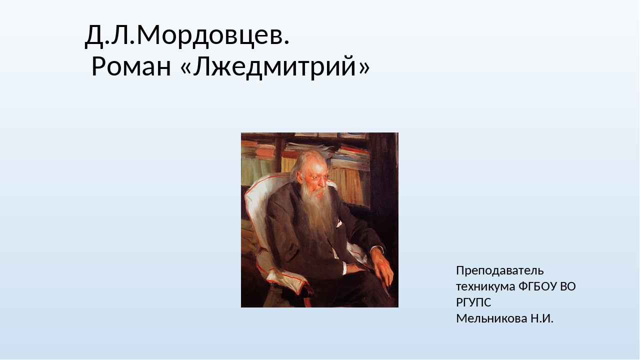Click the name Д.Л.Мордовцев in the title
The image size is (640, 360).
pyautogui.click(x=187, y=35)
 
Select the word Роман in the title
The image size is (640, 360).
pyautogui.click(x=131, y=67)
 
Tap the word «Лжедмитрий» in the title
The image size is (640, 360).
pyautogui.click(x=275, y=67)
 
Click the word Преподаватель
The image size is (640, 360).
pyautogui.click(x=499, y=270)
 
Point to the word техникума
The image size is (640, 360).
pyautogui.click(x=485, y=286)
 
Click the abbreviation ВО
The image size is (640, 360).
pyautogui.click(x=567, y=286)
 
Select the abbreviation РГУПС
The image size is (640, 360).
pyautogui.click(x=473, y=302)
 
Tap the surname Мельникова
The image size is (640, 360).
pyautogui.click(x=491, y=318)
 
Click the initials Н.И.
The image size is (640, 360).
pyautogui.click(x=542, y=318)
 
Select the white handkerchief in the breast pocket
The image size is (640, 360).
pyautogui.click(x=339, y=223)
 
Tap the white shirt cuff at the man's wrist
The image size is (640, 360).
pyautogui.click(x=345, y=267)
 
